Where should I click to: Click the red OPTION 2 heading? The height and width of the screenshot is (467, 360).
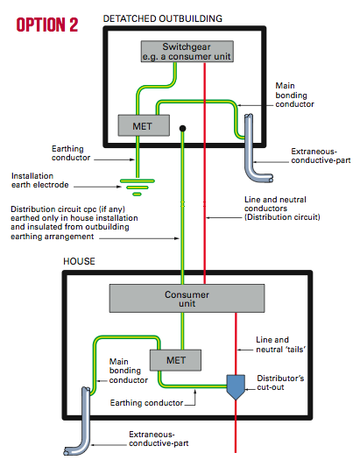(x=47, y=25)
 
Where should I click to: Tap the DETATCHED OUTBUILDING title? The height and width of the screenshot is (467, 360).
(x=163, y=18)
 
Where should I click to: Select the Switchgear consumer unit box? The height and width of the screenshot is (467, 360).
(x=187, y=52)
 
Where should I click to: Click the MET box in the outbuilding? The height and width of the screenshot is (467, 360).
(x=144, y=125)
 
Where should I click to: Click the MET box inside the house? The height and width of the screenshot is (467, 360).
(x=175, y=360)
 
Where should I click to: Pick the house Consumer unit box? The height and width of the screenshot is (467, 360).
(x=187, y=299)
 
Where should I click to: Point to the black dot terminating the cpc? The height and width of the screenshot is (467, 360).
(x=182, y=129)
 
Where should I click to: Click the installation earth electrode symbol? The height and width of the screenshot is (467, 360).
(x=138, y=187)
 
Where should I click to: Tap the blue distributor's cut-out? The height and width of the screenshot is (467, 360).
(x=236, y=386)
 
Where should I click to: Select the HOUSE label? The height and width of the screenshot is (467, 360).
(x=79, y=261)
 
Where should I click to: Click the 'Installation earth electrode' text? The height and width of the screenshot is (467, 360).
(x=40, y=180)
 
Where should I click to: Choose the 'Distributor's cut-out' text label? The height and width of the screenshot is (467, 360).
(x=280, y=382)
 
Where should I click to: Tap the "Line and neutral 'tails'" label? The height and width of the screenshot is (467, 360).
(x=281, y=344)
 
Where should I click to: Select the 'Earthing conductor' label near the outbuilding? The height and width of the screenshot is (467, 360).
(x=71, y=153)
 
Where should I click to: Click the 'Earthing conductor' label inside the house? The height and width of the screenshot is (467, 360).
(x=146, y=403)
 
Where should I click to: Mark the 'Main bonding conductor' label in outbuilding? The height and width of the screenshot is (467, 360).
(x=294, y=95)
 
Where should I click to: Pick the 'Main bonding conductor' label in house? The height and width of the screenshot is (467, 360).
(x=129, y=371)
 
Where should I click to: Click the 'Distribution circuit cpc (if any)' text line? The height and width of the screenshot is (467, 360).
(x=68, y=209)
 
